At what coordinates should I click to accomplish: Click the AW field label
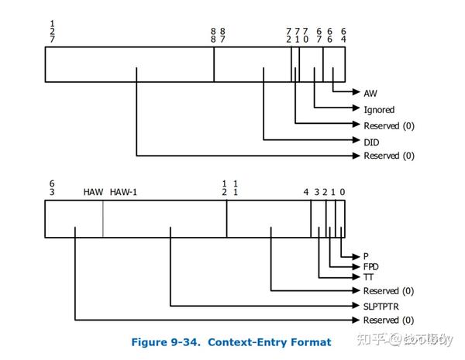[370, 93]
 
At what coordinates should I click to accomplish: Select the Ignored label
[379, 110]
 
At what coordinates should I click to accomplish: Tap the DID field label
[371, 142]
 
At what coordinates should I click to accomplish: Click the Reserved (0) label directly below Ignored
[388, 125]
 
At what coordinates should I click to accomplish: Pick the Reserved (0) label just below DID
[388, 156]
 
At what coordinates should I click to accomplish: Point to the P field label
[366, 256]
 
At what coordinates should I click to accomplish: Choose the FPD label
[371, 266]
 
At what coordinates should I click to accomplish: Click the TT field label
[369, 276]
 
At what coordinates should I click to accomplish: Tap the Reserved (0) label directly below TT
[388, 291]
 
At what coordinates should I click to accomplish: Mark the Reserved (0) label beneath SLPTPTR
[388, 321]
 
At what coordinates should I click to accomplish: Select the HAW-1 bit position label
[123, 192]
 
